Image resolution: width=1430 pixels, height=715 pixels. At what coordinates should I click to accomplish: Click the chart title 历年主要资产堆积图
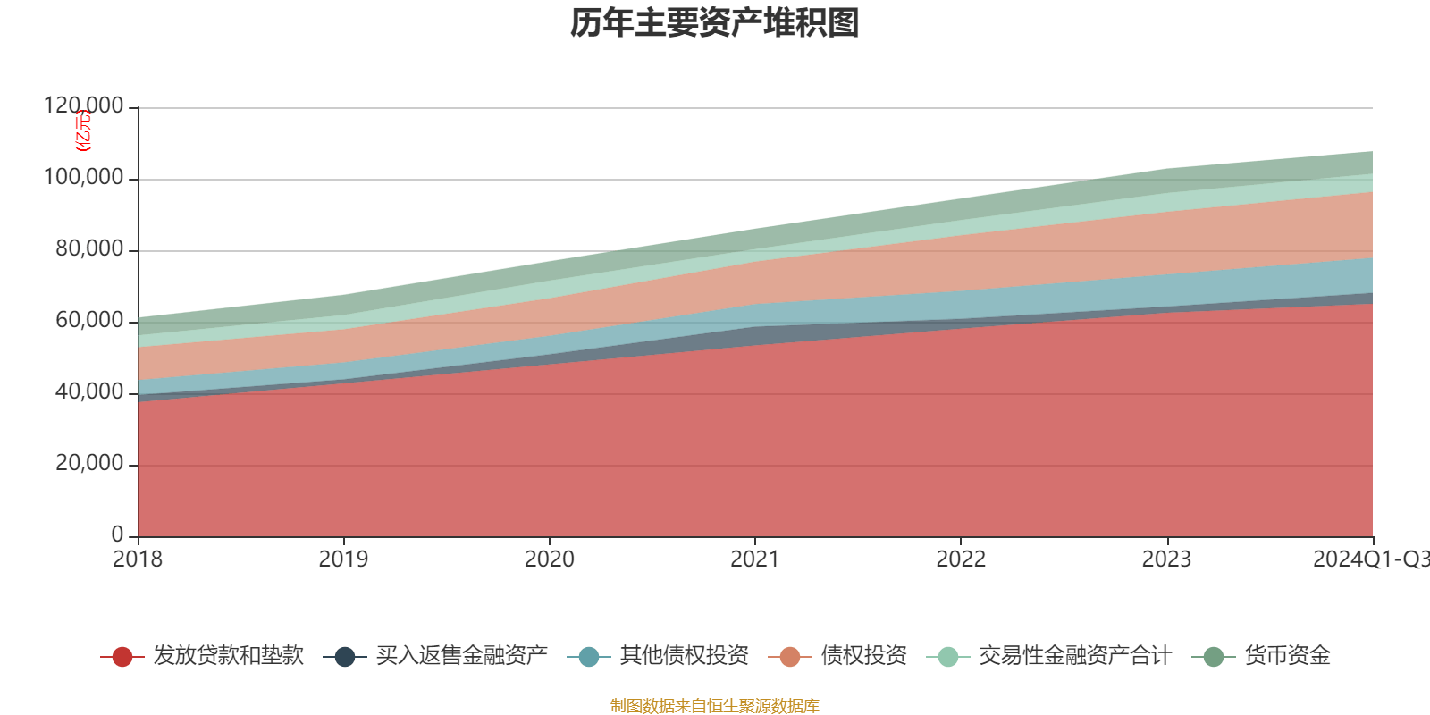pos(715,24)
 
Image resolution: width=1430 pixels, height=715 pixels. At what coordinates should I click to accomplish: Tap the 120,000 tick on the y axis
pos(84,106)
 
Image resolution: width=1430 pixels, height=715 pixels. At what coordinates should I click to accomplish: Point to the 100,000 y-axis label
pos(84,178)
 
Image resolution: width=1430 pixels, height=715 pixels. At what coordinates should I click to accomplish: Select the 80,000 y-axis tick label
pos(89,249)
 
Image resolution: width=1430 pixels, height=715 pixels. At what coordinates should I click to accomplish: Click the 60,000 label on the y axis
pos(89,321)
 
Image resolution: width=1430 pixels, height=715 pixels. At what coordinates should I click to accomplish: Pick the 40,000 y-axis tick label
pos(89,392)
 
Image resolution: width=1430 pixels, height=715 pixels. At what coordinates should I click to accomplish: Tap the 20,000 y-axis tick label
pos(89,464)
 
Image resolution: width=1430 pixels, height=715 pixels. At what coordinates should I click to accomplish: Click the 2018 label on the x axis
pos(138,559)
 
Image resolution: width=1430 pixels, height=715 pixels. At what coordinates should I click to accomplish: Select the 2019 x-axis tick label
pos(343,559)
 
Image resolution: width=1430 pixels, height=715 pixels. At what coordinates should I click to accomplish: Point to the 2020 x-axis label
pos(549,559)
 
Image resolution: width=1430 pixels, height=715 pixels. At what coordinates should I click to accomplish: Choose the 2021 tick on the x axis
pos(754,559)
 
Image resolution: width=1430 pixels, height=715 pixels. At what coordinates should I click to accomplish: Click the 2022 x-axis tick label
pos(961,559)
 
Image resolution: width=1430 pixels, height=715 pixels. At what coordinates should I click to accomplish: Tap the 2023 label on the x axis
pos(1166,559)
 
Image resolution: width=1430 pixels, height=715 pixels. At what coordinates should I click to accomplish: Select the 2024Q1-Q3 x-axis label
pos(1370,559)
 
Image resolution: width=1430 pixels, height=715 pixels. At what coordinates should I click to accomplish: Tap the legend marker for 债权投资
pos(790,657)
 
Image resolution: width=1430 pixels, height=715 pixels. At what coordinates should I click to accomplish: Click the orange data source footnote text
pos(715,706)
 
